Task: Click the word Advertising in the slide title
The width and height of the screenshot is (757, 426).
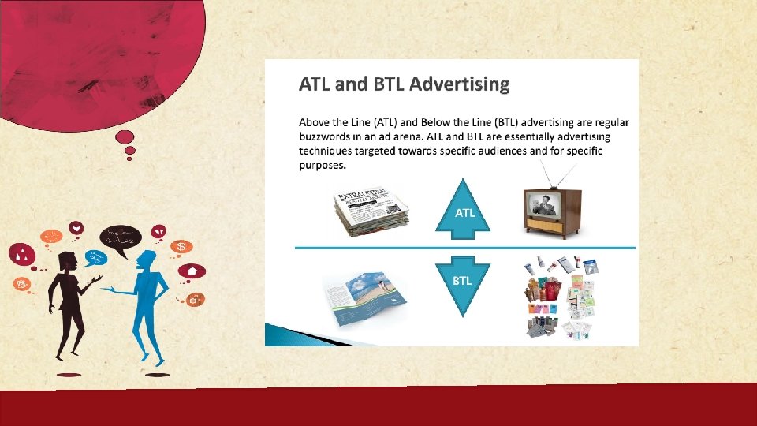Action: (x=460, y=84)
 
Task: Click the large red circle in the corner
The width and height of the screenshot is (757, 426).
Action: (x=103, y=55)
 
